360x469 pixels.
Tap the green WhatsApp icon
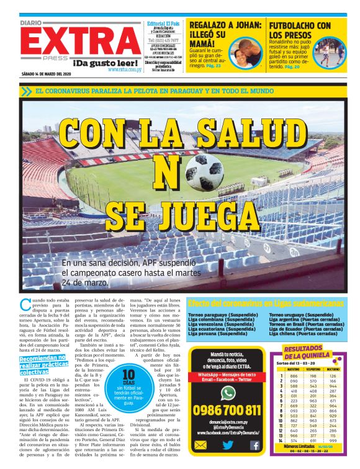click(x=228, y=393)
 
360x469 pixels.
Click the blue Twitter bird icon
click(x=228, y=445)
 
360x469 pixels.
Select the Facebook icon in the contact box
click(x=254, y=445)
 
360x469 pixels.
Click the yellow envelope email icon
click(x=200, y=445)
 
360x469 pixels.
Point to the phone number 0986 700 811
click(x=227, y=410)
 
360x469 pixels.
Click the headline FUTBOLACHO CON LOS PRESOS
click(x=300, y=29)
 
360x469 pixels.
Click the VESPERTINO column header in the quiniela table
click(x=310, y=369)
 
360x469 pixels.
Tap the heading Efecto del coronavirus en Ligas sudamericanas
click(x=265, y=303)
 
